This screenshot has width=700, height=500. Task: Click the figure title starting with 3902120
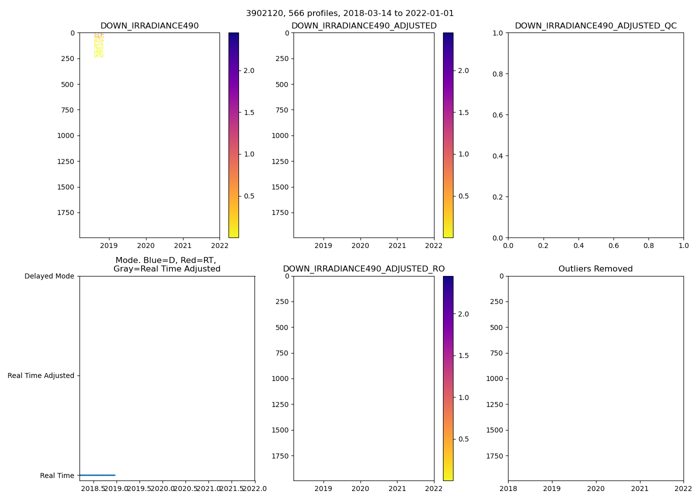pyautogui.click(x=349, y=13)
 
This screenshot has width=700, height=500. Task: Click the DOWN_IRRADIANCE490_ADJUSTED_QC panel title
pyautogui.click(x=595, y=26)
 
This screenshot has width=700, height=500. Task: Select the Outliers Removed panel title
pyautogui.click(x=595, y=269)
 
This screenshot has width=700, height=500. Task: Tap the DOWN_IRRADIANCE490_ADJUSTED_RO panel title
pyautogui.click(x=363, y=269)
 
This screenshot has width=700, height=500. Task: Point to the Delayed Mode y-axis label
pyautogui.click(x=49, y=276)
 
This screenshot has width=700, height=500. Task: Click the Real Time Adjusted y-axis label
pyautogui.click(x=40, y=376)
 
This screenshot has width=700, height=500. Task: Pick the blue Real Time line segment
pyautogui.click(x=97, y=475)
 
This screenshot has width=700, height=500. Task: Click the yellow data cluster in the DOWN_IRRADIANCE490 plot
pyautogui.click(x=98, y=47)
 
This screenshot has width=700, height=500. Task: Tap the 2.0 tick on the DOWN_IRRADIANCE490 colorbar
pyautogui.click(x=249, y=71)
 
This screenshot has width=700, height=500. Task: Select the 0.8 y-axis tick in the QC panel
pyautogui.click(x=498, y=74)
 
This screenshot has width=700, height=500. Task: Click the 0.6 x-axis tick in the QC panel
pyautogui.click(x=613, y=245)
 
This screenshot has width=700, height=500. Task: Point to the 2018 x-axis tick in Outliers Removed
pyautogui.click(x=508, y=488)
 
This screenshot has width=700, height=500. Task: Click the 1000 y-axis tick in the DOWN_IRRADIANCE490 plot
pyautogui.click(x=65, y=136)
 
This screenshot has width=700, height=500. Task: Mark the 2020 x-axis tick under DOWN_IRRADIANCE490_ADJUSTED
pyautogui.click(x=360, y=245)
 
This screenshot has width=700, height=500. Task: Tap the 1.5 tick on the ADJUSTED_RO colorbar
pyautogui.click(x=463, y=356)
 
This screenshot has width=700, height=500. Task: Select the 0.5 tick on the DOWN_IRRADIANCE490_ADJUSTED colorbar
pyautogui.click(x=463, y=196)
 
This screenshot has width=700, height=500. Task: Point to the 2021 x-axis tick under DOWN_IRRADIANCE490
pyautogui.click(x=182, y=245)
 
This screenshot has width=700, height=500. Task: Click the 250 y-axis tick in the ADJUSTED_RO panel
pyautogui.click(x=283, y=302)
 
